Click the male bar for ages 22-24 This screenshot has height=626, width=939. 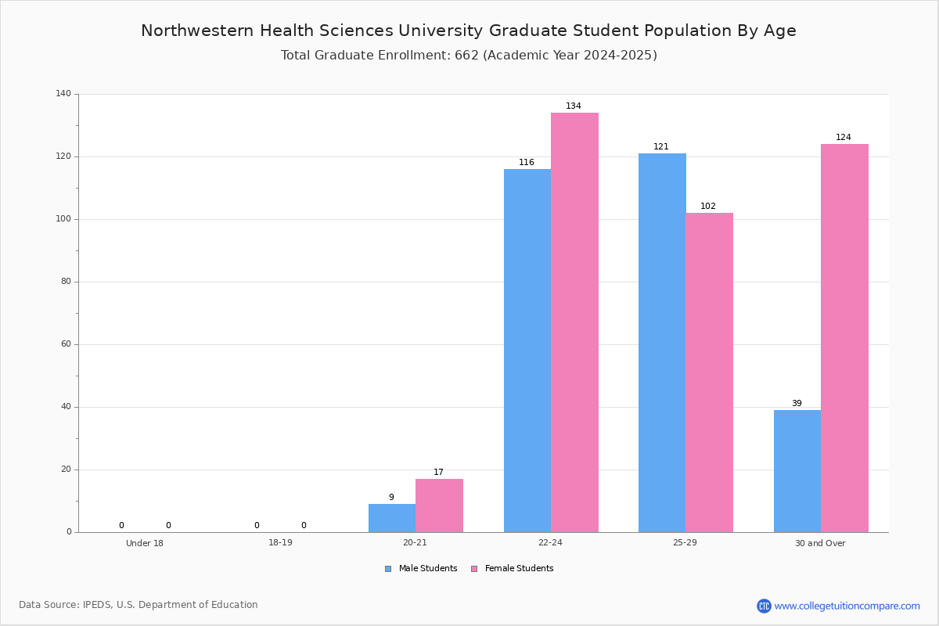pyautogui.click(x=527, y=351)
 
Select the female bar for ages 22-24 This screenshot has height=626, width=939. pyautogui.click(x=574, y=322)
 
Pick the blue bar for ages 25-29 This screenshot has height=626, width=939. pyautogui.click(x=662, y=343)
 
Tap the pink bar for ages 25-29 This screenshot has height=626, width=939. pyautogui.click(x=709, y=372)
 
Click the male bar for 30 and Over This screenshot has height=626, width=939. pyautogui.click(x=797, y=471)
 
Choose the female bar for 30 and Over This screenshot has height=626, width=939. pyautogui.click(x=844, y=338)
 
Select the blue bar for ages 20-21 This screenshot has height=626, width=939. pyautogui.click(x=392, y=518)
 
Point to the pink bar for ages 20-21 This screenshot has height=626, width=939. pyautogui.click(x=439, y=505)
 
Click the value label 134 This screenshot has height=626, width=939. pyautogui.click(x=574, y=106)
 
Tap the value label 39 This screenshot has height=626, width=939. pyautogui.click(x=797, y=403)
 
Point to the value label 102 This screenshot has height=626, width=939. pyautogui.click(x=708, y=207)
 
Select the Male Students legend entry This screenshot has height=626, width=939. pyautogui.click(x=421, y=569)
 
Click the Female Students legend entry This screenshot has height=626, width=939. pyautogui.click(x=513, y=569)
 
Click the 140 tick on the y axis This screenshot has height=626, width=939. pyautogui.click(x=63, y=93)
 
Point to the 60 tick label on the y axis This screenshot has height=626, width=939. pyautogui.click(x=67, y=344)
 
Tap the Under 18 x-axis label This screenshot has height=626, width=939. pyautogui.click(x=145, y=543)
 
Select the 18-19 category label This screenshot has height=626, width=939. pyautogui.click(x=280, y=542)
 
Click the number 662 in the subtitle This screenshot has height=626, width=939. pyautogui.click(x=466, y=56)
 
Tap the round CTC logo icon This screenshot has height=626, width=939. pyautogui.click(x=764, y=606)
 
